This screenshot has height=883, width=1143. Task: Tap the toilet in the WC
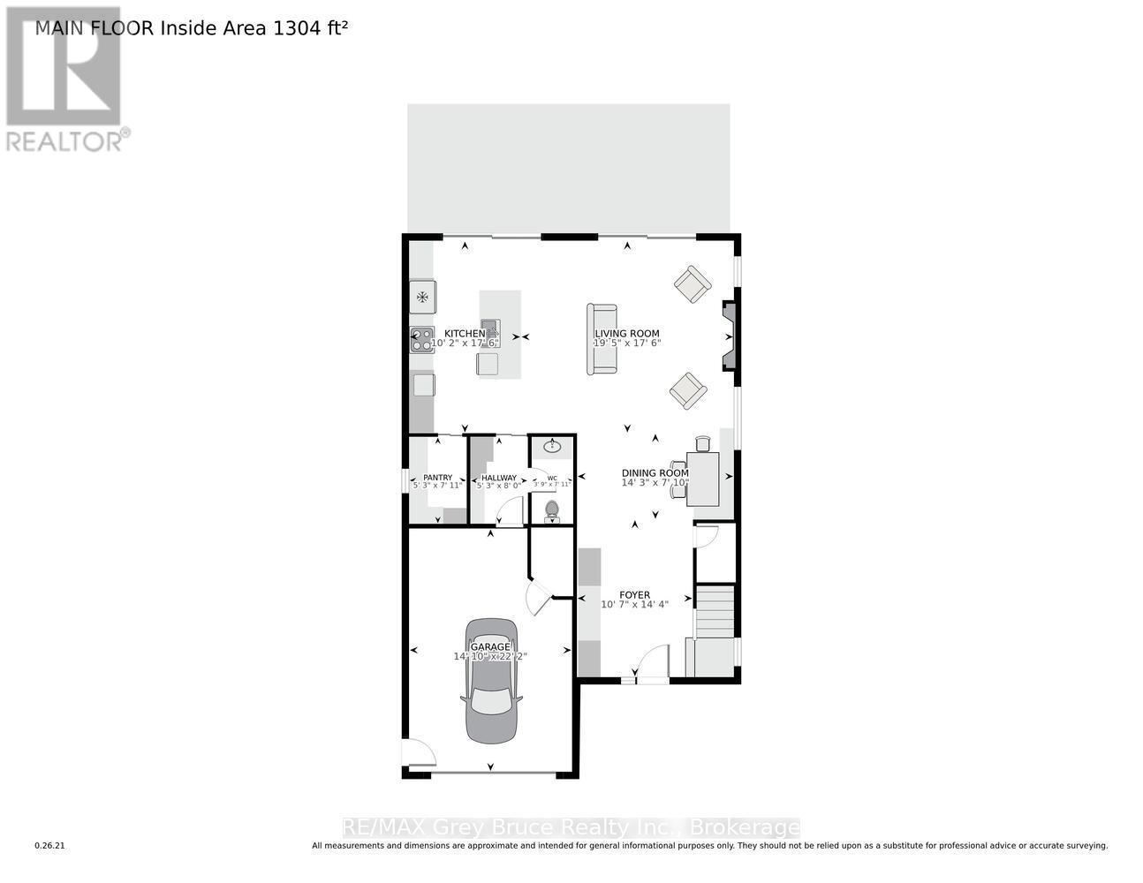pos(553,509)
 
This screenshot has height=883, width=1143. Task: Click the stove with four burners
pos(422,340)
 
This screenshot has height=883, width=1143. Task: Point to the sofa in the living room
pos(603,338)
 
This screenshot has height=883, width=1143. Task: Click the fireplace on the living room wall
pos(730,336)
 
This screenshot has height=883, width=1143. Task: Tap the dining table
pos(703,478)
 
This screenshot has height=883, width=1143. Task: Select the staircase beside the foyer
pos(715,610)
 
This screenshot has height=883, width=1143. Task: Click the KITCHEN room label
pos(465,333)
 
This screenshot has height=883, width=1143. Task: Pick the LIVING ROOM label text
pos(626,334)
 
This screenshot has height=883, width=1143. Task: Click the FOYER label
pos(634,595)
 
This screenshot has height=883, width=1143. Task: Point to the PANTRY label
pos(437,478)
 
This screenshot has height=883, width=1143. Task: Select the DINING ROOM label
pos(655,472)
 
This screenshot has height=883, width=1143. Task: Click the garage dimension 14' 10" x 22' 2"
pos(490,657)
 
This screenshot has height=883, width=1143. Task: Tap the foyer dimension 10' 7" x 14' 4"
pos(634,605)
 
